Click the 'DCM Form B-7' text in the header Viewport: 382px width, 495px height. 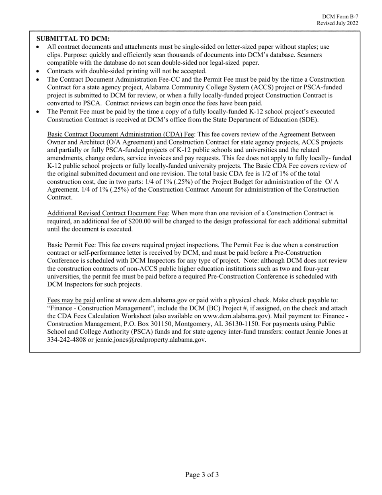340,16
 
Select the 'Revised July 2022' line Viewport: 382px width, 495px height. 337,23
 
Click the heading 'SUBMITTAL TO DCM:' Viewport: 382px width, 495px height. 73,39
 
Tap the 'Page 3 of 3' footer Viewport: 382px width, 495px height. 202,475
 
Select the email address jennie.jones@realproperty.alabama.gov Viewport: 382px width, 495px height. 150,340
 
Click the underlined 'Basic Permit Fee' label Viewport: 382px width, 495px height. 71,245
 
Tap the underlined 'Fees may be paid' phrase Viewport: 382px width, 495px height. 71,300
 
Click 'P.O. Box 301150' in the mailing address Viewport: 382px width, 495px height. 145,324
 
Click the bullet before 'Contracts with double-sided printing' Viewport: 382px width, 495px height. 38,71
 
